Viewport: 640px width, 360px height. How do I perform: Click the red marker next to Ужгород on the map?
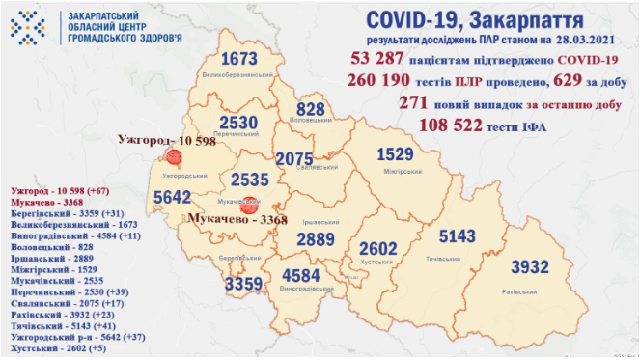pos(175,157)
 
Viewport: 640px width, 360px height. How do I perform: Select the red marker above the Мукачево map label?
pos(249,205)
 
